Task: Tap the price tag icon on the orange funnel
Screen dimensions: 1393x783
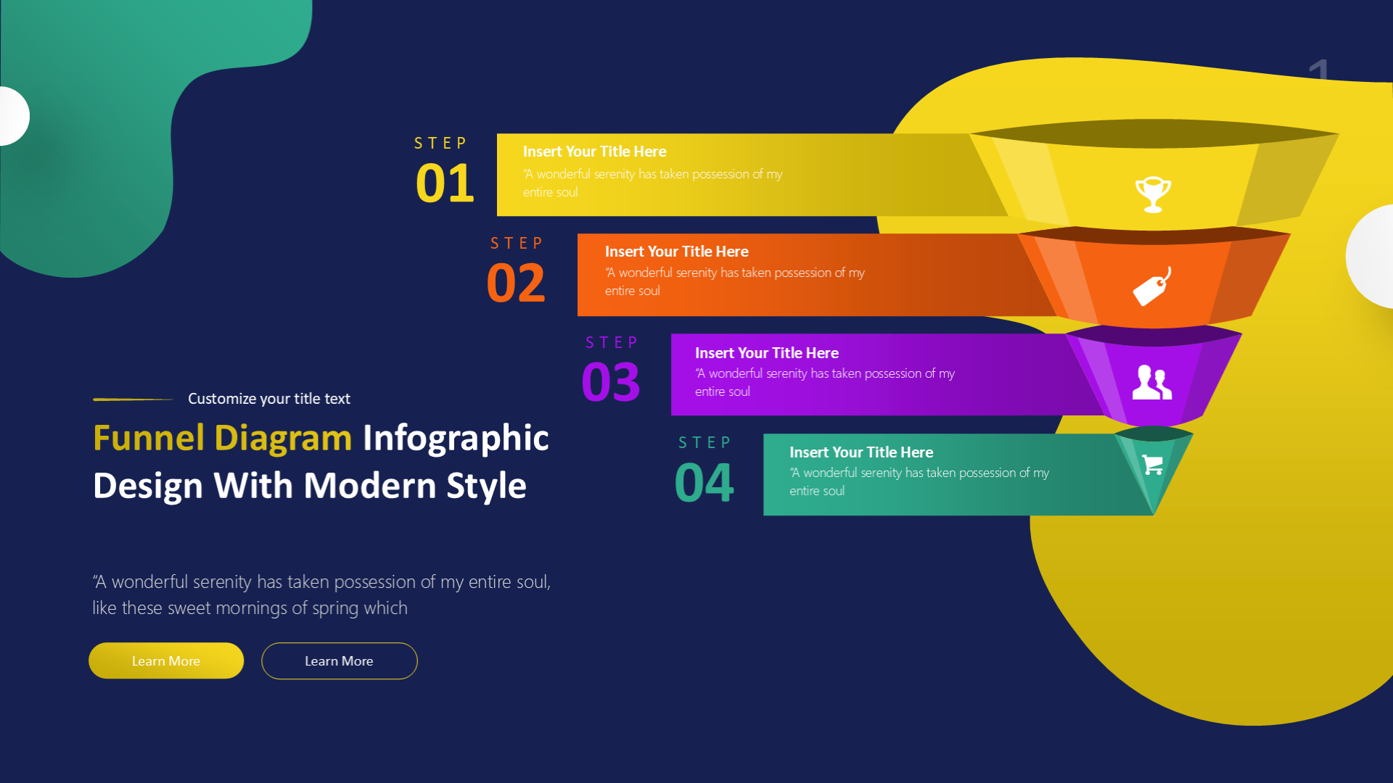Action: pyautogui.click(x=1152, y=287)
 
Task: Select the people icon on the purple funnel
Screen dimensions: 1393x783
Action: pyautogui.click(x=1152, y=382)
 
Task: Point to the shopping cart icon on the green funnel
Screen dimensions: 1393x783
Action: pyautogui.click(x=1153, y=464)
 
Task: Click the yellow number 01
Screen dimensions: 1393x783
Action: pyautogui.click(x=445, y=183)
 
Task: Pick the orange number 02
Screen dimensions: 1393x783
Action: pyautogui.click(x=516, y=283)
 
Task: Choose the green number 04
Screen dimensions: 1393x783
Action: pyautogui.click(x=704, y=482)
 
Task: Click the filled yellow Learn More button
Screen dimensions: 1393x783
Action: pyautogui.click(x=166, y=660)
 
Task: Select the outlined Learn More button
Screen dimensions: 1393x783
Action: pyautogui.click(x=340, y=660)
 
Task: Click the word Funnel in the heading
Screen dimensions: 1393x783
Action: pyautogui.click(x=149, y=438)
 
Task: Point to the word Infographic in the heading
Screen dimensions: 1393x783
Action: pyautogui.click(x=456, y=439)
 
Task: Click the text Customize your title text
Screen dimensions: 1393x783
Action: pyautogui.click(x=269, y=399)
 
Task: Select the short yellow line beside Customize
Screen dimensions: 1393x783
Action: pyautogui.click(x=133, y=399)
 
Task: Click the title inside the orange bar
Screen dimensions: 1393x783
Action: pyautogui.click(x=677, y=252)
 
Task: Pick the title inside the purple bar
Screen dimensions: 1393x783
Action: pyautogui.click(x=767, y=353)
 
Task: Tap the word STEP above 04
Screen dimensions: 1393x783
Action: pyautogui.click(x=704, y=442)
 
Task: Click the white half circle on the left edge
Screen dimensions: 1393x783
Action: pyautogui.click(x=15, y=116)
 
